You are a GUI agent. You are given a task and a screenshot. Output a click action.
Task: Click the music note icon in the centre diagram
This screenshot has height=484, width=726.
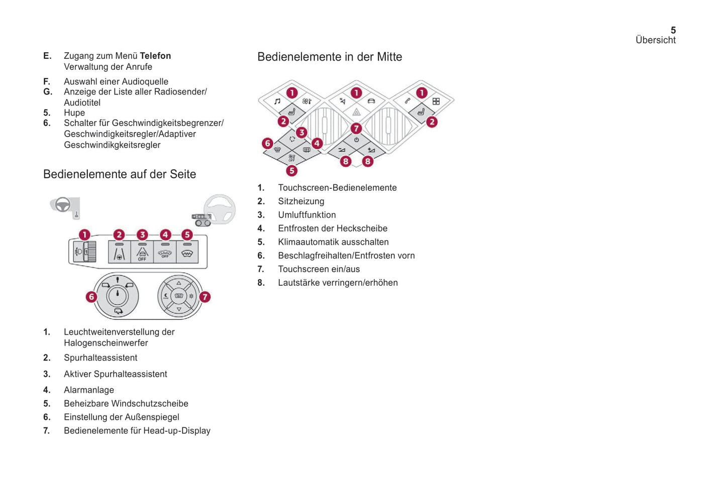coord(277,101)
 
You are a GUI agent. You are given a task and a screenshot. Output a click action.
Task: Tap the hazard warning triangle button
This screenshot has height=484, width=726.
coord(356,112)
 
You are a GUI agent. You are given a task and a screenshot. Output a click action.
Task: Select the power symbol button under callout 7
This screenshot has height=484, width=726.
coord(356,140)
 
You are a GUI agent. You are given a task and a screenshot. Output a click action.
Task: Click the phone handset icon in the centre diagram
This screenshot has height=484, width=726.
coord(407,101)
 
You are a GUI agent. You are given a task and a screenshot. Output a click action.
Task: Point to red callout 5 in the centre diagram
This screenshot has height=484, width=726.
coord(291,171)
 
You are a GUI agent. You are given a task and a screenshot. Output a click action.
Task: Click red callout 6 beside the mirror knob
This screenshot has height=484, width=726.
coord(91,297)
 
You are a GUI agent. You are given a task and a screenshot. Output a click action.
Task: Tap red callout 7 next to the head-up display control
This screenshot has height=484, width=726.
coord(204,297)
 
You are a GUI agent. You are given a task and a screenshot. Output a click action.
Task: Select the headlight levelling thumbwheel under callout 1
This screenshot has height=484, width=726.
coord(91,252)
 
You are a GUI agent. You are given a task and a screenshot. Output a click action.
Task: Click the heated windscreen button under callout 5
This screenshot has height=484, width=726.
coord(187,253)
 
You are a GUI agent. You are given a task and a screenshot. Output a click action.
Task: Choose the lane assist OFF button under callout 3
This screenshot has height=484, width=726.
coord(142,253)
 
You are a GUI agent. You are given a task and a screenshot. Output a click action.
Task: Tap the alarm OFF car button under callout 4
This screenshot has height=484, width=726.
coord(165,253)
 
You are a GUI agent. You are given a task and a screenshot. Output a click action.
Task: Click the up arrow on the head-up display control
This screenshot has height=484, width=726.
coord(179,284)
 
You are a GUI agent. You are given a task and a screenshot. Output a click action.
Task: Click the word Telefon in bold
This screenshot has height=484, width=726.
coord(155,56)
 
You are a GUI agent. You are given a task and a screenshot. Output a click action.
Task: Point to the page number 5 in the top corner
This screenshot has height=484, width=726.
coord(673,30)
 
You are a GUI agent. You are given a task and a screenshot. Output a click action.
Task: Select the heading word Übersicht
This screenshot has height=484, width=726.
coord(655,40)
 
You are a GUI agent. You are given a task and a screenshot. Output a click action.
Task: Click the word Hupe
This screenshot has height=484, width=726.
coord(74,113)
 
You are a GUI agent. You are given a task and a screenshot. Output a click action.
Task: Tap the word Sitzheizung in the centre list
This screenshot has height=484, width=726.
coord(301,201)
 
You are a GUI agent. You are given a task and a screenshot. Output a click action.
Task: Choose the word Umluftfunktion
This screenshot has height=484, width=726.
coord(306,215)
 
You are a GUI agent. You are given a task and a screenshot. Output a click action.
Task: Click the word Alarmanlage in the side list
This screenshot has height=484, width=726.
coord(89,390)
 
